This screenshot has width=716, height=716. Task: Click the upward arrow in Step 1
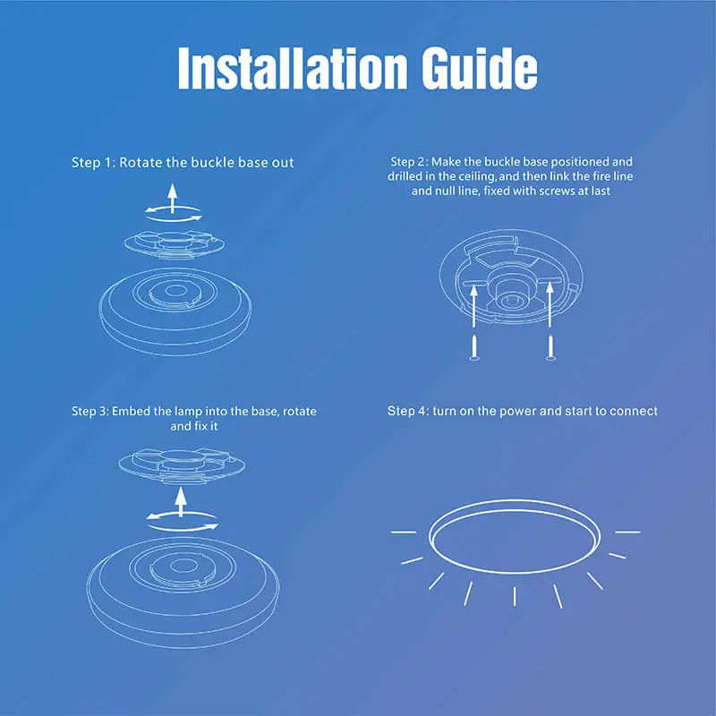(x=174, y=194)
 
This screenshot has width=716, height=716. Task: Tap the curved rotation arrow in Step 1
(x=174, y=214)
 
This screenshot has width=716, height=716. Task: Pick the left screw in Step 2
(x=475, y=345)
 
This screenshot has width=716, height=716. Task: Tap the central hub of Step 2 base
(x=512, y=291)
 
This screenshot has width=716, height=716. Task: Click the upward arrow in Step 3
(x=180, y=500)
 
